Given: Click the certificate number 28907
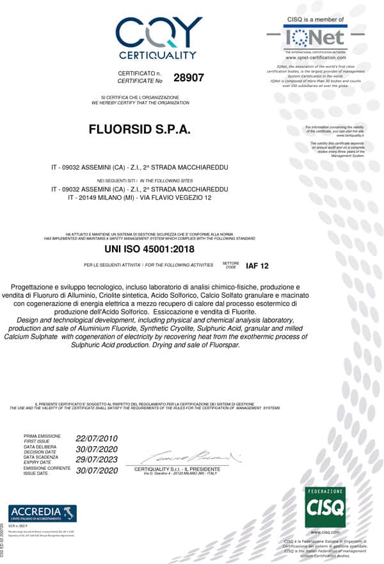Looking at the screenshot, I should click(188, 77).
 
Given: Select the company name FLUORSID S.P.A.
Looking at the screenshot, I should click(140, 129).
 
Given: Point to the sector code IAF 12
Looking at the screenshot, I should click(257, 265).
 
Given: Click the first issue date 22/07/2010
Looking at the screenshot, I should click(97, 439).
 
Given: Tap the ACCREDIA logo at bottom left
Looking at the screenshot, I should click(42, 513).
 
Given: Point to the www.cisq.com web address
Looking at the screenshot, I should click(324, 532).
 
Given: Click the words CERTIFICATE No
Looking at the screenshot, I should click(140, 81).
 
